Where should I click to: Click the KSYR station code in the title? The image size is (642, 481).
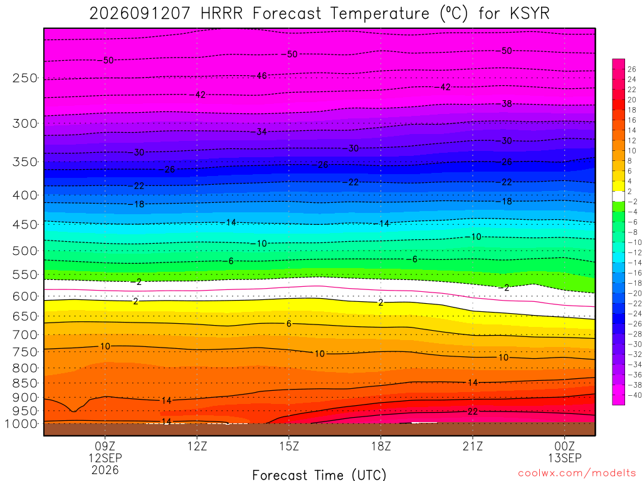click(x=530, y=14)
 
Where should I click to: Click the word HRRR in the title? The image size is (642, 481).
click(x=221, y=14)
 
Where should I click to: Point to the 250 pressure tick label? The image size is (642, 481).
click(x=25, y=78)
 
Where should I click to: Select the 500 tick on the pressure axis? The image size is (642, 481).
click(x=25, y=251)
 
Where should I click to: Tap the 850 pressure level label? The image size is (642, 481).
click(x=25, y=383)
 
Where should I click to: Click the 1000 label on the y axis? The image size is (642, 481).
click(x=21, y=424)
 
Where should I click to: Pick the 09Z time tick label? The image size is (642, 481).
click(x=105, y=446)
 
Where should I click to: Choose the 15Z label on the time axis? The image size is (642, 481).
click(x=289, y=446)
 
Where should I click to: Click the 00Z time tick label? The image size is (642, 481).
click(x=565, y=446)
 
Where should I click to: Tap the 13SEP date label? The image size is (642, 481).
click(x=565, y=458)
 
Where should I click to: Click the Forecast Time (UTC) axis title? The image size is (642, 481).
click(x=319, y=475)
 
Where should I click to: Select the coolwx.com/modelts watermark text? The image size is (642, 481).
click(x=577, y=473)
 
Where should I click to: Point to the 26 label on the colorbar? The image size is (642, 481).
click(x=632, y=69)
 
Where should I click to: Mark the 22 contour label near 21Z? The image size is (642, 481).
click(x=473, y=411)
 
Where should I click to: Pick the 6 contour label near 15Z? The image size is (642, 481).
click(x=289, y=324)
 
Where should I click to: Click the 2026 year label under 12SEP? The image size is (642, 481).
click(x=105, y=470)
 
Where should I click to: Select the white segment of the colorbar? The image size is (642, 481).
click(x=619, y=196)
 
